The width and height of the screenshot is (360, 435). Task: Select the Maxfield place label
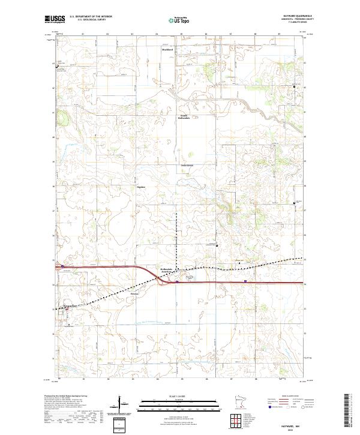tap(167, 49)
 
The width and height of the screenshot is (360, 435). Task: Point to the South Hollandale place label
tap(187, 117)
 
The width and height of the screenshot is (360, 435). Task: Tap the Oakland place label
tap(187, 165)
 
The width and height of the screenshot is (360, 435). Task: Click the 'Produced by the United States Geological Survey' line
tap(66, 396)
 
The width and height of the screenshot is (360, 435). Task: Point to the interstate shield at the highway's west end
tap(62, 266)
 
